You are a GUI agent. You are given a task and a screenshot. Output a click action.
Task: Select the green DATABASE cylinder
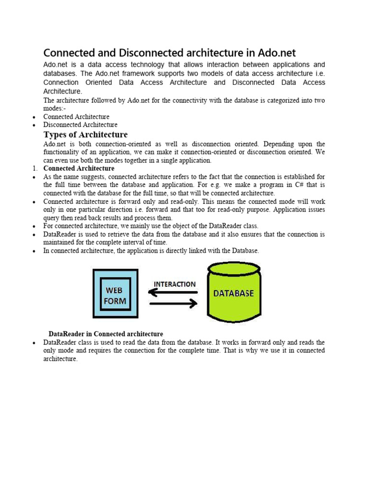234,292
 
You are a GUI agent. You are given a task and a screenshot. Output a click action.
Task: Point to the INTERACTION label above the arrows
174,284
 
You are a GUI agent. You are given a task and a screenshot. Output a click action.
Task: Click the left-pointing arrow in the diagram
173,292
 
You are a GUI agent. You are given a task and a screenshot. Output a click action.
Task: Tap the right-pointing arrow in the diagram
173,304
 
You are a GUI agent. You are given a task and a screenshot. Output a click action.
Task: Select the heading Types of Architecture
86,134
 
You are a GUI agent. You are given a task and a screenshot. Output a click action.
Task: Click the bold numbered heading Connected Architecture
79,168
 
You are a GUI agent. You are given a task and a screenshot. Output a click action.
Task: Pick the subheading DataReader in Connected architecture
106,334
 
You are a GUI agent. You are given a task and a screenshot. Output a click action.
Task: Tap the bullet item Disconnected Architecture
80,125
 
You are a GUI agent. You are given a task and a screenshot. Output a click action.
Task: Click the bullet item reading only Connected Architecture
76,117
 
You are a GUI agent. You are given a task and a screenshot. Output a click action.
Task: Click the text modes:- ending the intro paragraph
54,108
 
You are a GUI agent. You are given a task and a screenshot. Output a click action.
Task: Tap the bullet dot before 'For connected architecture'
34,226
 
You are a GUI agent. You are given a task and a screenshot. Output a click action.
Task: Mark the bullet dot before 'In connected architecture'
34,251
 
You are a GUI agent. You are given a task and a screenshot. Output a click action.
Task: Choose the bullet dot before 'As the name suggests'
34,177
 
